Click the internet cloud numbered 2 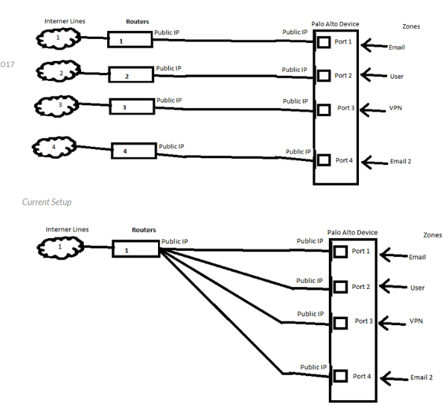(x=60, y=70)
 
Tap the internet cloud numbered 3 (x=60, y=105)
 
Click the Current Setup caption (x=47, y=202)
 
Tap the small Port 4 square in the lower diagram (x=340, y=376)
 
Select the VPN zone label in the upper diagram (x=395, y=108)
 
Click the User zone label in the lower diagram (x=417, y=288)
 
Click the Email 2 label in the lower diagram (x=421, y=377)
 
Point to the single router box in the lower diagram (x=135, y=250)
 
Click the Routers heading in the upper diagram (x=137, y=21)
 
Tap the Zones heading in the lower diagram (x=433, y=235)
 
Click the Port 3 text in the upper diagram (x=345, y=107)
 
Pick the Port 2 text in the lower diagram (x=360, y=287)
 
